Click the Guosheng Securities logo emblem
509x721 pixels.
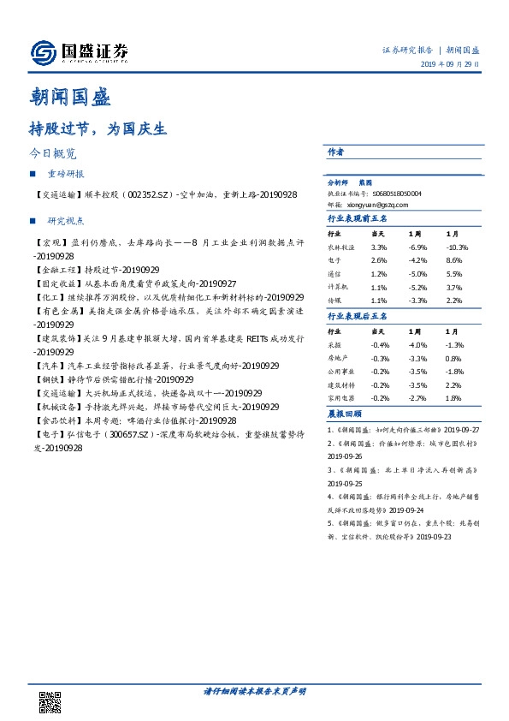click(x=42, y=53)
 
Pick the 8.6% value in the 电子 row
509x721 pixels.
click(x=454, y=259)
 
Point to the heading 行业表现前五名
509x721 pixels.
click(x=358, y=219)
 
